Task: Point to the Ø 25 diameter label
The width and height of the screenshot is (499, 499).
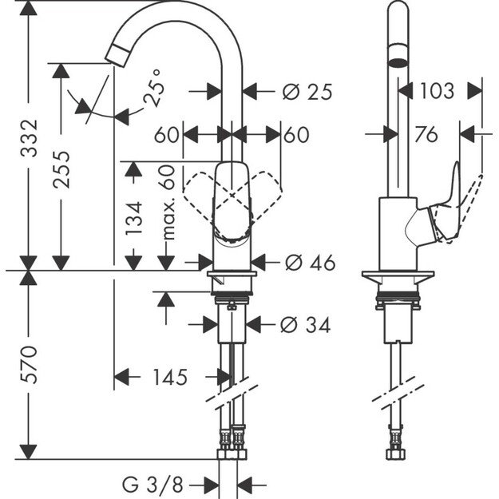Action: pyautogui.click(x=307, y=92)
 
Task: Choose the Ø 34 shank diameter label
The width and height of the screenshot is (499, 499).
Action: pyautogui.click(x=306, y=325)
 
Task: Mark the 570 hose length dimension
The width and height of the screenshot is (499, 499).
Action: pyautogui.click(x=29, y=364)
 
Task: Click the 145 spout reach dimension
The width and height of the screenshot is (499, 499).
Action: pyautogui.click(x=168, y=376)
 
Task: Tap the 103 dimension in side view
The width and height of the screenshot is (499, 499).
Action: pyautogui.click(x=437, y=91)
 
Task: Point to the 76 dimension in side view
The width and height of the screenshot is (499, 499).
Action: pyautogui.click(x=426, y=136)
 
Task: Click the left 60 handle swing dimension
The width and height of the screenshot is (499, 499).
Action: pyautogui.click(x=166, y=136)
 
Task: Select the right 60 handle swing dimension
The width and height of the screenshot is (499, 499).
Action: pyautogui.click(x=295, y=136)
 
